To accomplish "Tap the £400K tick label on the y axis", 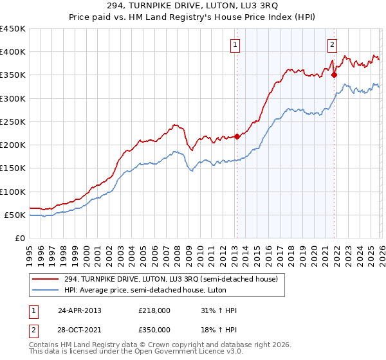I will (13, 52).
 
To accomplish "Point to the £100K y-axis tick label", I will (13, 192).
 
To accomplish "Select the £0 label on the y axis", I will (19, 238).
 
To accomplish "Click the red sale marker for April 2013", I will (237, 136).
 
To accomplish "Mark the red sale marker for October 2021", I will (334, 75).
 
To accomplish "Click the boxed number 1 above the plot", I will (235, 45).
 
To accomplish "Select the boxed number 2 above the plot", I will (332, 45).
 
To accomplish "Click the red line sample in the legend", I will (46, 279).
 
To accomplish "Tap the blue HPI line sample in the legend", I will (46, 290).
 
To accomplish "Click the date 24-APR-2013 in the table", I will (80, 310).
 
